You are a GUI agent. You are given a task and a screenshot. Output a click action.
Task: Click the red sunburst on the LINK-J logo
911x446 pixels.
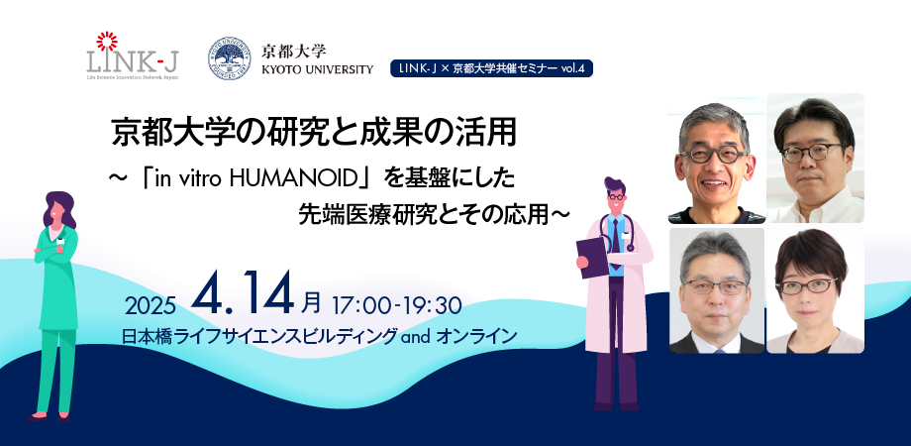tap(107, 41)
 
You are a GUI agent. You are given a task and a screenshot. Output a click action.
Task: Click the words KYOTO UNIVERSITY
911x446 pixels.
tap(317, 69)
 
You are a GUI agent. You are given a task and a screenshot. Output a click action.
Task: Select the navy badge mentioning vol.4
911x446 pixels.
tap(491, 68)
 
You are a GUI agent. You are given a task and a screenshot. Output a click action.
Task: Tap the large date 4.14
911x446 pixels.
tap(243, 294)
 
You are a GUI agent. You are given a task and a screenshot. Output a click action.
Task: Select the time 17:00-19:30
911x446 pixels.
tap(397, 304)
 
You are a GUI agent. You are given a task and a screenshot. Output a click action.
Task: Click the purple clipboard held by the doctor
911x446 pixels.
tap(592, 257)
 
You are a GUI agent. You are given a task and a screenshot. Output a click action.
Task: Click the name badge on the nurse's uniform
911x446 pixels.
tap(60, 241)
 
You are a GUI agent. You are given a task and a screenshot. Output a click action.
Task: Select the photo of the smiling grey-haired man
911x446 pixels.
tap(716, 159)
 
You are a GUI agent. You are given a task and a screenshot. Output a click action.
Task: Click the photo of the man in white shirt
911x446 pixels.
tap(815, 158)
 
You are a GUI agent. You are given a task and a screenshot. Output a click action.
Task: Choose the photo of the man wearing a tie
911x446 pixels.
tap(717, 290)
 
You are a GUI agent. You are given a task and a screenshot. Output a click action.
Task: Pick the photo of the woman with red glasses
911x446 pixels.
tap(815, 290)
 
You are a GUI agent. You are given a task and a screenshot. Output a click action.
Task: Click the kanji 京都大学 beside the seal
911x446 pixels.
tap(293, 52)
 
